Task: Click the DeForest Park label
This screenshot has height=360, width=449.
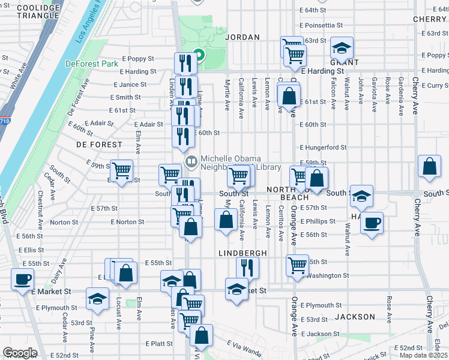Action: (91, 63)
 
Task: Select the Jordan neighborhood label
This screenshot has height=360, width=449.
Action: (242, 37)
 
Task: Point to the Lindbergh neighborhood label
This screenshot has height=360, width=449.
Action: (242, 253)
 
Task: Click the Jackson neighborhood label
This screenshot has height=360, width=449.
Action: (355, 316)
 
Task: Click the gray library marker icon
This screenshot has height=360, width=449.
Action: (191, 160)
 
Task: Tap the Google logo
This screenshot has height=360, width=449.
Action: (20, 353)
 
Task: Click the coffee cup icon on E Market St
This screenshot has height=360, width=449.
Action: (23, 279)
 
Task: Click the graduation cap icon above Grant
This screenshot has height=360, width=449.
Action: (342, 47)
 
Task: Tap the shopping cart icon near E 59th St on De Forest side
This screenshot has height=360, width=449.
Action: (121, 170)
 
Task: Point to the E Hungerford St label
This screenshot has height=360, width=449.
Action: (324, 147)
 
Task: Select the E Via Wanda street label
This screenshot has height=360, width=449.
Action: (243, 347)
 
